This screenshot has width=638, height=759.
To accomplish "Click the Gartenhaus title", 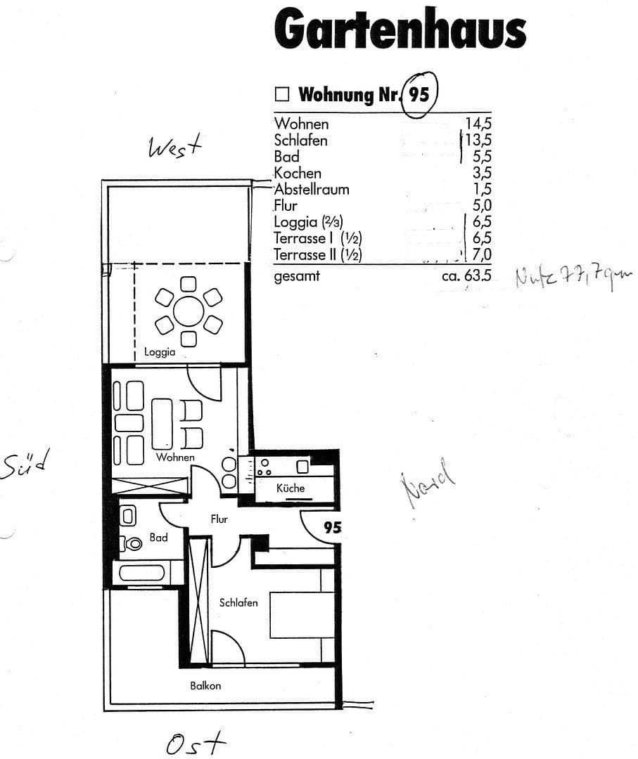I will click(x=400, y=30).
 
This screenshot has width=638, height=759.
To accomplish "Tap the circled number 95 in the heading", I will click(x=419, y=94).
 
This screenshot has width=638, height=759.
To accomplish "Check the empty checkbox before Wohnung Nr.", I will click(x=282, y=94).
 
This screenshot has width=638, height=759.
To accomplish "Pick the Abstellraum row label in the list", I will click(x=312, y=189).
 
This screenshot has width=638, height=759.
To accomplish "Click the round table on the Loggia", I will click(x=189, y=311).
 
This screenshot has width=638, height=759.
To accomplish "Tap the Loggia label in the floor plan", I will click(x=160, y=352).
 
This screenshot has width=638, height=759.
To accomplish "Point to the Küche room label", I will click(x=291, y=488).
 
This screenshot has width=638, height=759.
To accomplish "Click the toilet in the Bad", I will click(x=131, y=543).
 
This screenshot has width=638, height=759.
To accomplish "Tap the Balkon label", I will click(x=205, y=685).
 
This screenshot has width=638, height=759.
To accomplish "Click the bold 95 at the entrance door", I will click(x=332, y=527).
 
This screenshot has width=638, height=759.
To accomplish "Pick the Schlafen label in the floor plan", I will click(x=238, y=602).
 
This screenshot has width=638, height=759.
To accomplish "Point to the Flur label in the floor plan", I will click(x=219, y=519).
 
